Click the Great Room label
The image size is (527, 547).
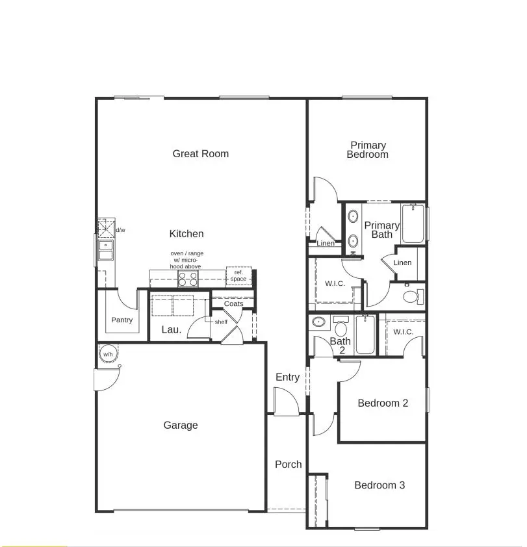coord(200,154)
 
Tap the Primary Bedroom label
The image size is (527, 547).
coord(368,150)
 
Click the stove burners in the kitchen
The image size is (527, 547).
coord(188,279)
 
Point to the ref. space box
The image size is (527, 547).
coord(238,275)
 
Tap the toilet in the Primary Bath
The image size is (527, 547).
coord(411,297)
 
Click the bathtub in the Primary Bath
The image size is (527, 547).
coord(413,224)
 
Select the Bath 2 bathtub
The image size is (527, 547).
coord(365,335)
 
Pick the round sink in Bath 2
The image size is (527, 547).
coord(318,322)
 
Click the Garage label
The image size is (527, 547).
coord(180,426)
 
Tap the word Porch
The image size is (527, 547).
coord(288,464)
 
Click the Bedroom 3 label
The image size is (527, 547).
coord(379,485)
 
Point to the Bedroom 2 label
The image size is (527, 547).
coord(383,403)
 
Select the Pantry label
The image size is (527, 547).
coord(122,320)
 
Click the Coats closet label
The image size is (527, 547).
coord(233,304)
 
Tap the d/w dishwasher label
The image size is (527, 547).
coord(120,230)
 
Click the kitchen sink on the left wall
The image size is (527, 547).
coord(105,249)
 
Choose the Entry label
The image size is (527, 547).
coord(287,377)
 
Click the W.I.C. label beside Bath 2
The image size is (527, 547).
coord(403,332)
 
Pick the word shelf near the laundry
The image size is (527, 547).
coord(221,322)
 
